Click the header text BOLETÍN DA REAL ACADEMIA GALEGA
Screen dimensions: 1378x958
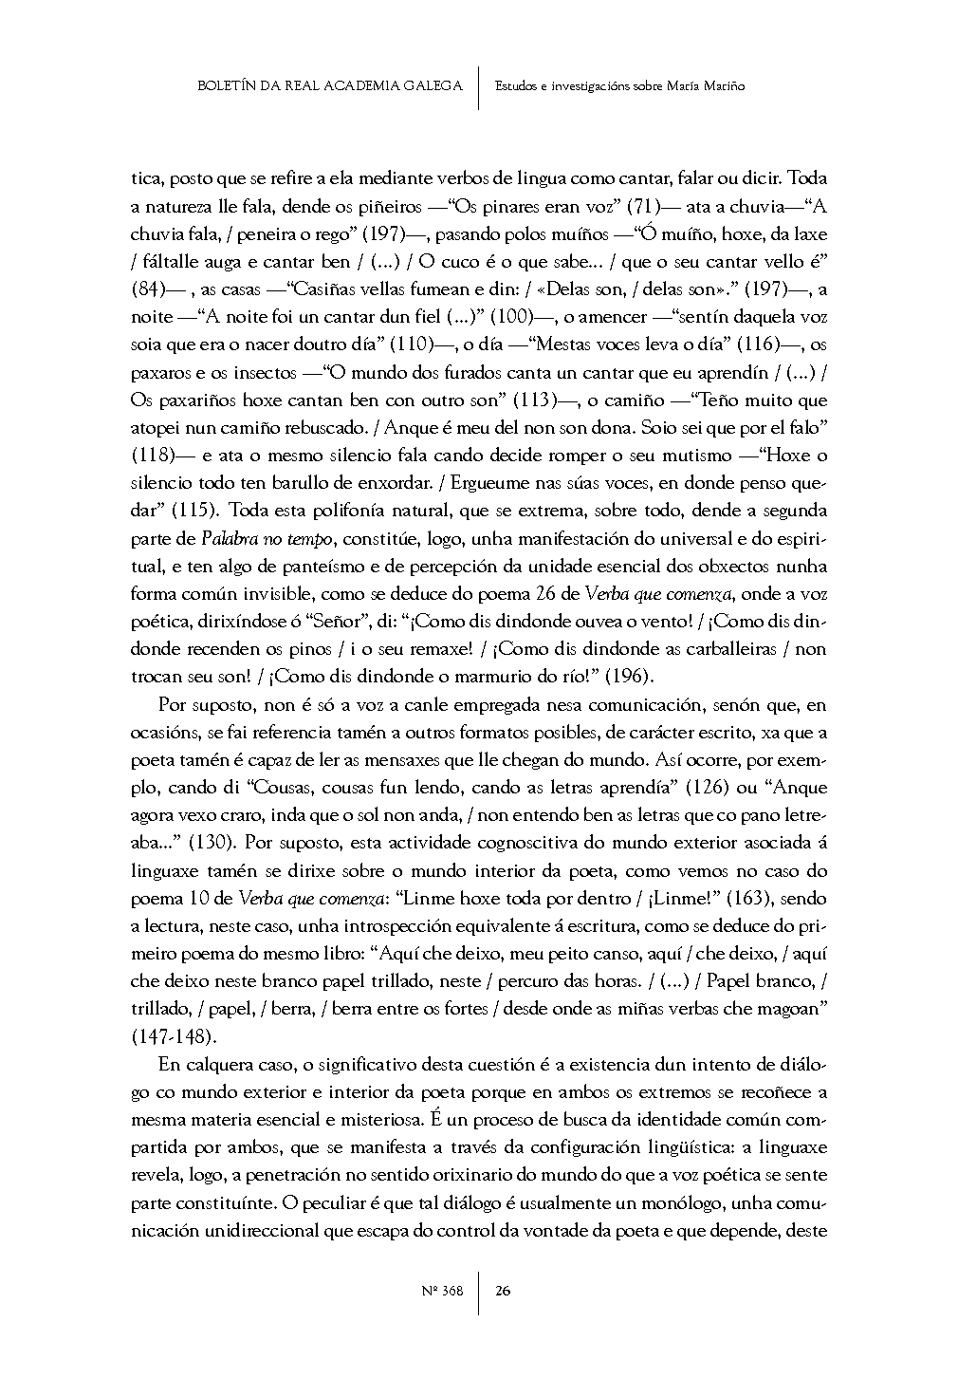pos(329,86)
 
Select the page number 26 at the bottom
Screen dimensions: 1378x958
pos(503,1290)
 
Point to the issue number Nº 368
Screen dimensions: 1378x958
pos(441,1290)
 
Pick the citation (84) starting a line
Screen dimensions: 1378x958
pos(150,289)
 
